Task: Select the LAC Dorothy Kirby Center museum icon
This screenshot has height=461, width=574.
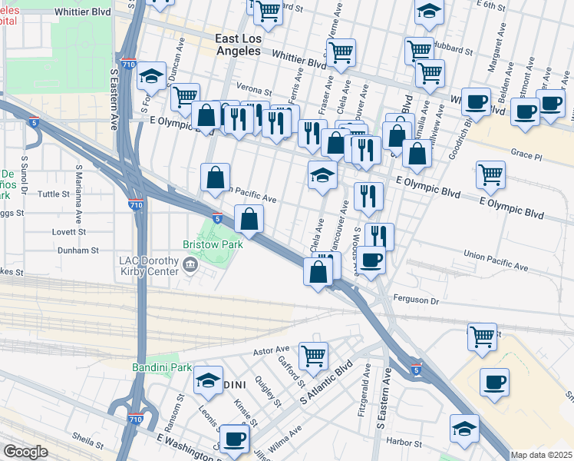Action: coord(190,266)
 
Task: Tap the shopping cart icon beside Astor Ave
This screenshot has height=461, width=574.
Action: coord(314,357)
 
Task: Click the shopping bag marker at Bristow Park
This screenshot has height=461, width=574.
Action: coord(249,221)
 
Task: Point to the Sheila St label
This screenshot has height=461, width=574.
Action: coord(87,443)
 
